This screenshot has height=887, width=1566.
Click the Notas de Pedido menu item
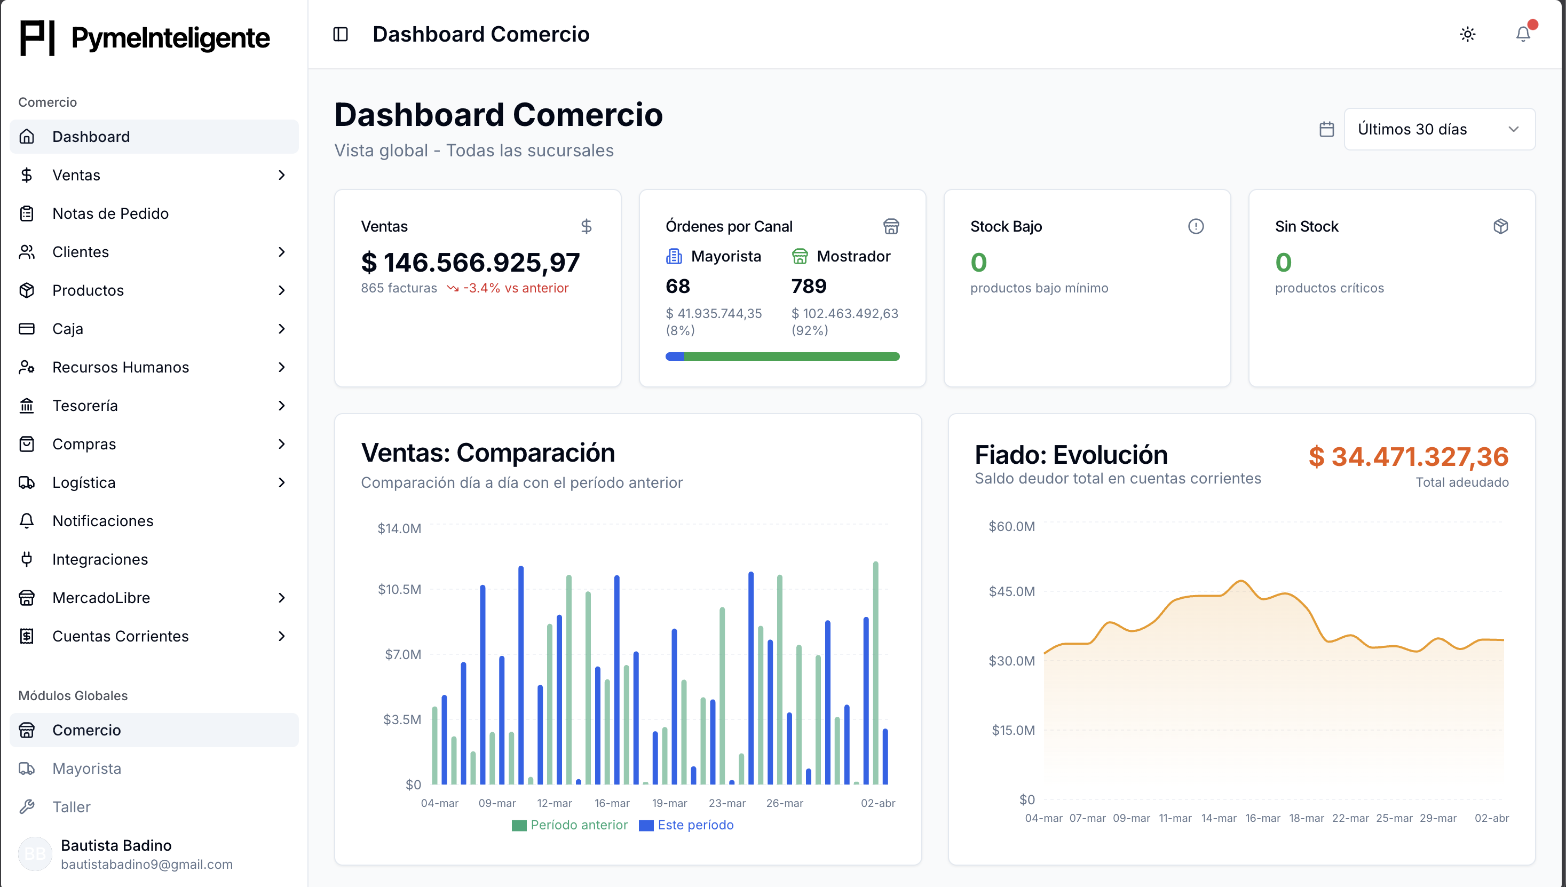click(x=110, y=213)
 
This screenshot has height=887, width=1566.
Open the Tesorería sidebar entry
click(x=85, y=406)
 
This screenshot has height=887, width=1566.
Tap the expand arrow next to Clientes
click(x=281, y=251)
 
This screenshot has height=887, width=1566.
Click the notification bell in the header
click(x=1523, y=34)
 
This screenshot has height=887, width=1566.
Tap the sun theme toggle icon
click(x=1467, y=34)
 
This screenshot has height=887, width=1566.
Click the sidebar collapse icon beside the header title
click(x=341, y=34)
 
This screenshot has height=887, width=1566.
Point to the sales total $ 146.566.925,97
click(x=470, y=263)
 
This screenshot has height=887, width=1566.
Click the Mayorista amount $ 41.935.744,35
click(x=713, y=313)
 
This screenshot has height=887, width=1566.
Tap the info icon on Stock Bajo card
click(x=1196, y=227)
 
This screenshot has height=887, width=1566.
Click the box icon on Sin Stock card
click(x=1500, y=227)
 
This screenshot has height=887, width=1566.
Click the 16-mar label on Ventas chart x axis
click(x=612, y=803)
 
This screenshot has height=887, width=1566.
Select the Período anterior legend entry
click(x=570, y=825)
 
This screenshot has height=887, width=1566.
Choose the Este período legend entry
click(x=686, y=825)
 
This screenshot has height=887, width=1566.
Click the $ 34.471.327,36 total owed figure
click(x=1408, y=457)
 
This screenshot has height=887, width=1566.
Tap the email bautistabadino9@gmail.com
click(x=147, y=864)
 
